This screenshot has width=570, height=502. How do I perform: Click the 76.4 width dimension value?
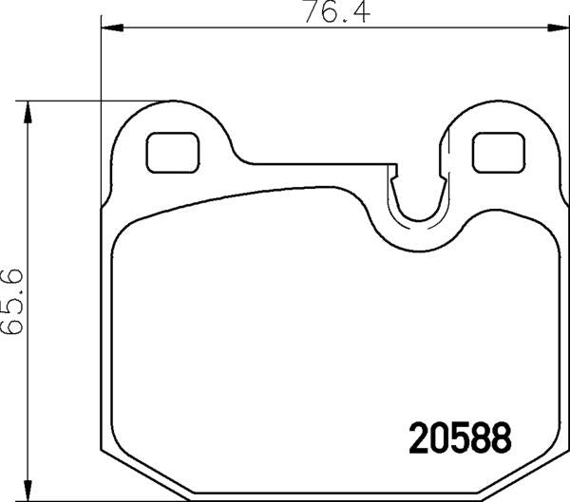click(x=322, y=14)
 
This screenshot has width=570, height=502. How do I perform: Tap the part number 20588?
click(x=460, y=437)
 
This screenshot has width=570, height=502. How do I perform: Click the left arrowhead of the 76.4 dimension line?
click(x=107, y=28)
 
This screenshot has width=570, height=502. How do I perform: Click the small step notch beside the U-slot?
click(x=391, y=172)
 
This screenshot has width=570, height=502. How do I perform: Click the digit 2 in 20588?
click(x=418, y=437)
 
